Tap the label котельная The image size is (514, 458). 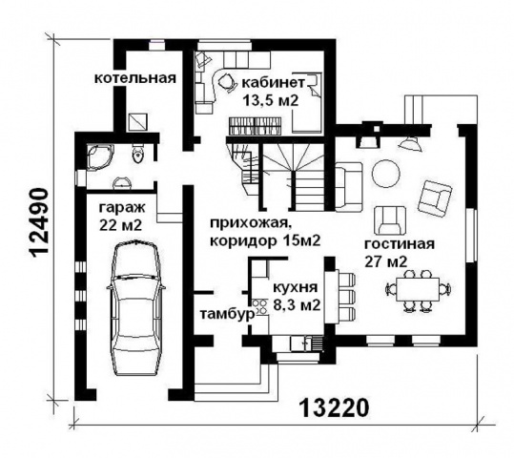coord(135,78)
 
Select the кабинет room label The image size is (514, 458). coord(273,83)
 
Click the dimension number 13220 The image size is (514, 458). coord(334,407)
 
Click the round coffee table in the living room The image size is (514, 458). coord(386,174)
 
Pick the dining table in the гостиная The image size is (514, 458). coord(418,289)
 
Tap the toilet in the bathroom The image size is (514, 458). coord(137,155)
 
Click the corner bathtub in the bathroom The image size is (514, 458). coord(100,156)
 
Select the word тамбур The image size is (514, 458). coord(228,314)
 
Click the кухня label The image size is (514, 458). coord(296,288)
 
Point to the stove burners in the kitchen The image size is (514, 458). coord(260,306)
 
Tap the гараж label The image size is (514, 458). coord(122,208)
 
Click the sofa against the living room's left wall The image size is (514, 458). coord(349,186)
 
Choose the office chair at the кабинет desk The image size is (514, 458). coord(226,81)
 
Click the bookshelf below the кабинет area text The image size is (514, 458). coord(255,126)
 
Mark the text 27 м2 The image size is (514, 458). coord(386,261)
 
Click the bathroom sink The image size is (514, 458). coord(122,183)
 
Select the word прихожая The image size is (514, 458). coord(251,224)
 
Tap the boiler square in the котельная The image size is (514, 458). coord(138,121)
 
